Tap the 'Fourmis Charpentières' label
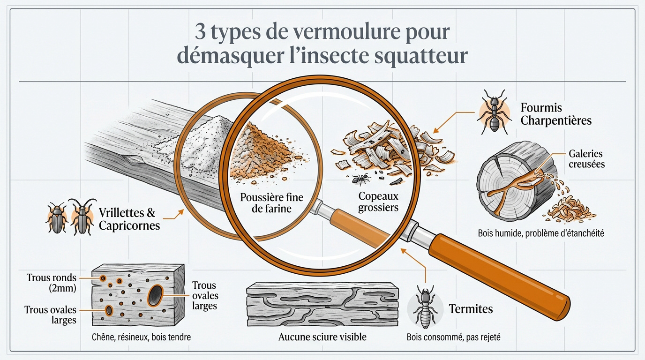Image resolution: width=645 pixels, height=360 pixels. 556,114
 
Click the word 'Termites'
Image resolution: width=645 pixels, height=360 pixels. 471,309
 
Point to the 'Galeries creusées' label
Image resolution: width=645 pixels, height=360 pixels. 586,159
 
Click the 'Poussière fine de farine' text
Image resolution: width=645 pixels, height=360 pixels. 271,202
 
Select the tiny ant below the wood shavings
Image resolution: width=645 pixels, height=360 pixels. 360,178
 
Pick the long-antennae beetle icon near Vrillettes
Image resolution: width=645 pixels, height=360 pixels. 83,217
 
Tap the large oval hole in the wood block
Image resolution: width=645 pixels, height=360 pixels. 155,295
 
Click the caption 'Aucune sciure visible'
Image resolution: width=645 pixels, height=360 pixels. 322,337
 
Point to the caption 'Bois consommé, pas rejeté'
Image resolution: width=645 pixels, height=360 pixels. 453,337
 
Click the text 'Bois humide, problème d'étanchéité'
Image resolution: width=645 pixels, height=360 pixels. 540,232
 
